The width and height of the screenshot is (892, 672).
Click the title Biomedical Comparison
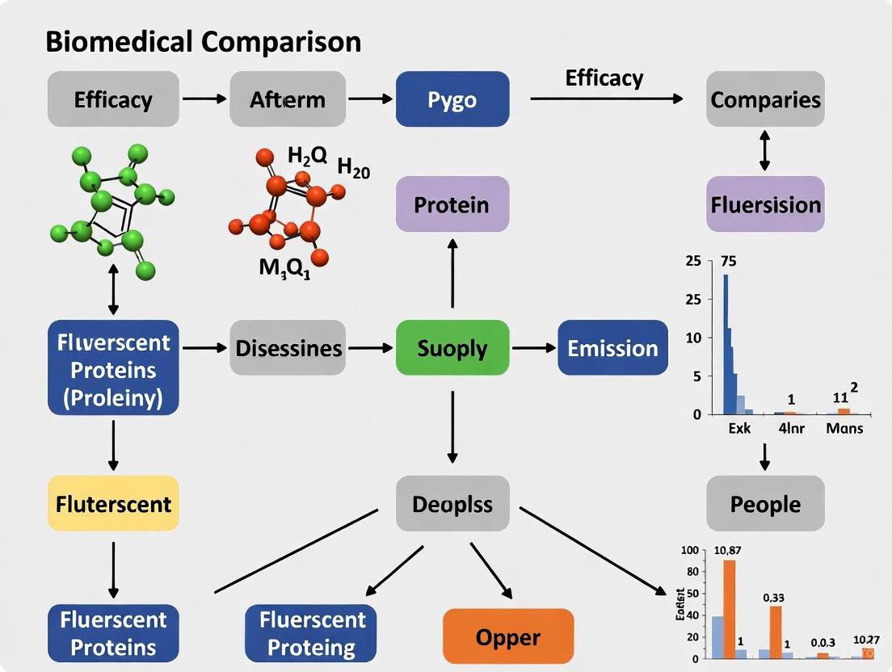click(x=203, y=42)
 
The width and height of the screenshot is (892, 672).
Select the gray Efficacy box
click(x=113, y=99)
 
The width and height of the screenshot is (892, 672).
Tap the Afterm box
click(x=288, y=99)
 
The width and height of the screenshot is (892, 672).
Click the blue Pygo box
click(x=452, y=99)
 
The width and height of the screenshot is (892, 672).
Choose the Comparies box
click(x=765, y=99)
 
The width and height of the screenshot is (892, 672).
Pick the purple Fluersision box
click(x=765, y=204)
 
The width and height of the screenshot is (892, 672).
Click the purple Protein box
click(x=452, y=204)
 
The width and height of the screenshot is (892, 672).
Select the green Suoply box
click(x=452, y=348)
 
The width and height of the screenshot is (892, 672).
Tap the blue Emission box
click(x=612, y=348)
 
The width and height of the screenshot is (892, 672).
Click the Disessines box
click(x=288, y=348)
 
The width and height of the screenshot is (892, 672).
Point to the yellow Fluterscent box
click(x=113, y=504)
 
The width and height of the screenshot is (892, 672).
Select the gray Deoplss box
click(x=452, y=504)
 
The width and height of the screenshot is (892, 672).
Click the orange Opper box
click(x=508, y=636)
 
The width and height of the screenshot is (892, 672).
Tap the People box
click(x=765, y=504)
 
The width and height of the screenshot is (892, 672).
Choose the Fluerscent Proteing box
click(x=311, y=633)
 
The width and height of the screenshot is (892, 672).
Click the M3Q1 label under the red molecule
click(x=284, y=268)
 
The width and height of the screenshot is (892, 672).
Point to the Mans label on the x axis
click(x=844, y=428)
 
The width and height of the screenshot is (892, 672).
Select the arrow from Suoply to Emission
click(x=532, y=348)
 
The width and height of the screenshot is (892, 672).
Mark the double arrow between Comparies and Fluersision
click(x=765, y=152)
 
